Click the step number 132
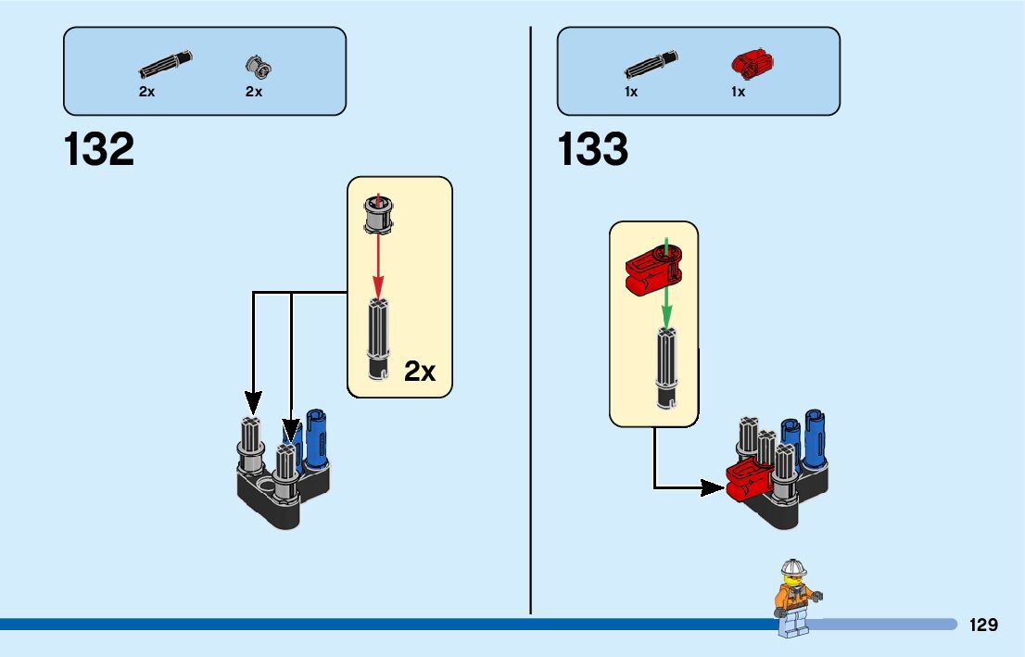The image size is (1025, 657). click(99, 150)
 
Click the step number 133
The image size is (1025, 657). click(593, 150)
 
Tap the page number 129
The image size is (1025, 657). click(983, 625)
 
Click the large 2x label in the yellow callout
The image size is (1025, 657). click(420, 372)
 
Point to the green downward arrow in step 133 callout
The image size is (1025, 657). click(665, 286)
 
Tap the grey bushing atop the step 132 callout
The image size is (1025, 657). click(378, 215)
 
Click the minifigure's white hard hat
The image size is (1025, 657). click(793, 566)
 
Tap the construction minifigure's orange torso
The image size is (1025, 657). click(794, 597)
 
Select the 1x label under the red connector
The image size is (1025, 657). click(738, 92)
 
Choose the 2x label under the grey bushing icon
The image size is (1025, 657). click(254, 92)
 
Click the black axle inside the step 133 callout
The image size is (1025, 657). click(666, 367)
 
